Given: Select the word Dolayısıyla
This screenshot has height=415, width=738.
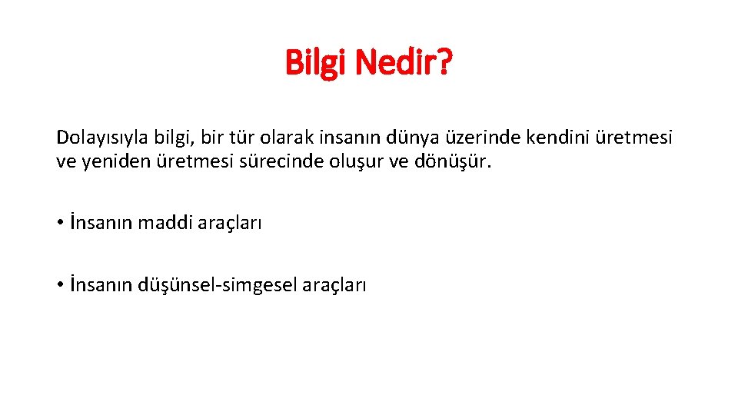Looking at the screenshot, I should [99, 138].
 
